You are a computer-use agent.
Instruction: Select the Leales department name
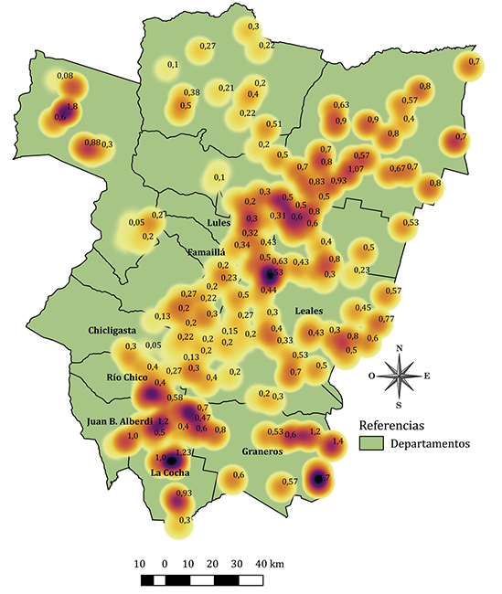tap(308, 311)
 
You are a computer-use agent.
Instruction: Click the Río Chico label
tap(126, 377)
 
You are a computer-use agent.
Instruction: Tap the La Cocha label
tap(171, 472)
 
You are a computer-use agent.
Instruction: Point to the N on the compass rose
tap(399, 348)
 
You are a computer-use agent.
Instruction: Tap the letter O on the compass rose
tap(371, 375)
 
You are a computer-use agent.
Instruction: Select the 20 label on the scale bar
tap(212, 562)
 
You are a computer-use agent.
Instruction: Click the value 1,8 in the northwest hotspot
tap(72, 107)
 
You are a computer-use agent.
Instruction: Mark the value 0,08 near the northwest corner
tap(65, 76)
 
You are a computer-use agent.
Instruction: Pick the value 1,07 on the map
tap(356, 169)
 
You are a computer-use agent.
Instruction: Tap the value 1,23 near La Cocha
tap(183, 452)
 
